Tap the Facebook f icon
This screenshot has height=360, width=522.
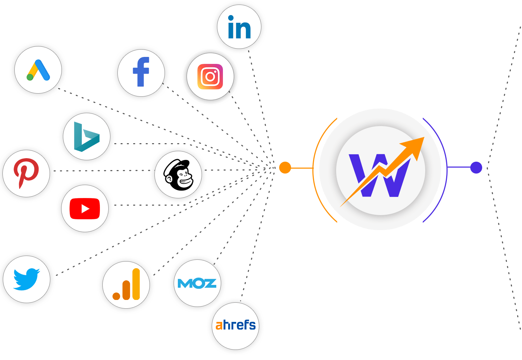tap(141, 72)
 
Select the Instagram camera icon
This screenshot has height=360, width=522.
tap(210, 76)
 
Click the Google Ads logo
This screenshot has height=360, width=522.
tap(38, 70)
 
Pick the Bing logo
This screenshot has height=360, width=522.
tap(86, 137)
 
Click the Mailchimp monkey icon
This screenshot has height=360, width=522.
tap(178, 175)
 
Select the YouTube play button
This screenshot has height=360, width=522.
tap(85, 209)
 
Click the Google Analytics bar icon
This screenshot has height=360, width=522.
tap(126, 285)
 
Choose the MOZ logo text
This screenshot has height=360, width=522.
tap(197, 283)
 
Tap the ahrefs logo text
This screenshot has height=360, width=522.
tap(235, 325)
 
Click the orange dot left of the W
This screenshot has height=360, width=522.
tap(285, 168)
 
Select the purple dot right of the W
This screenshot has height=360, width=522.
tap(476, 168)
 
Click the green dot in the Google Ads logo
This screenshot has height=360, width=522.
tap(30, 77)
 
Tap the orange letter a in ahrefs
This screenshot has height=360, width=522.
tap(219, 326)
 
